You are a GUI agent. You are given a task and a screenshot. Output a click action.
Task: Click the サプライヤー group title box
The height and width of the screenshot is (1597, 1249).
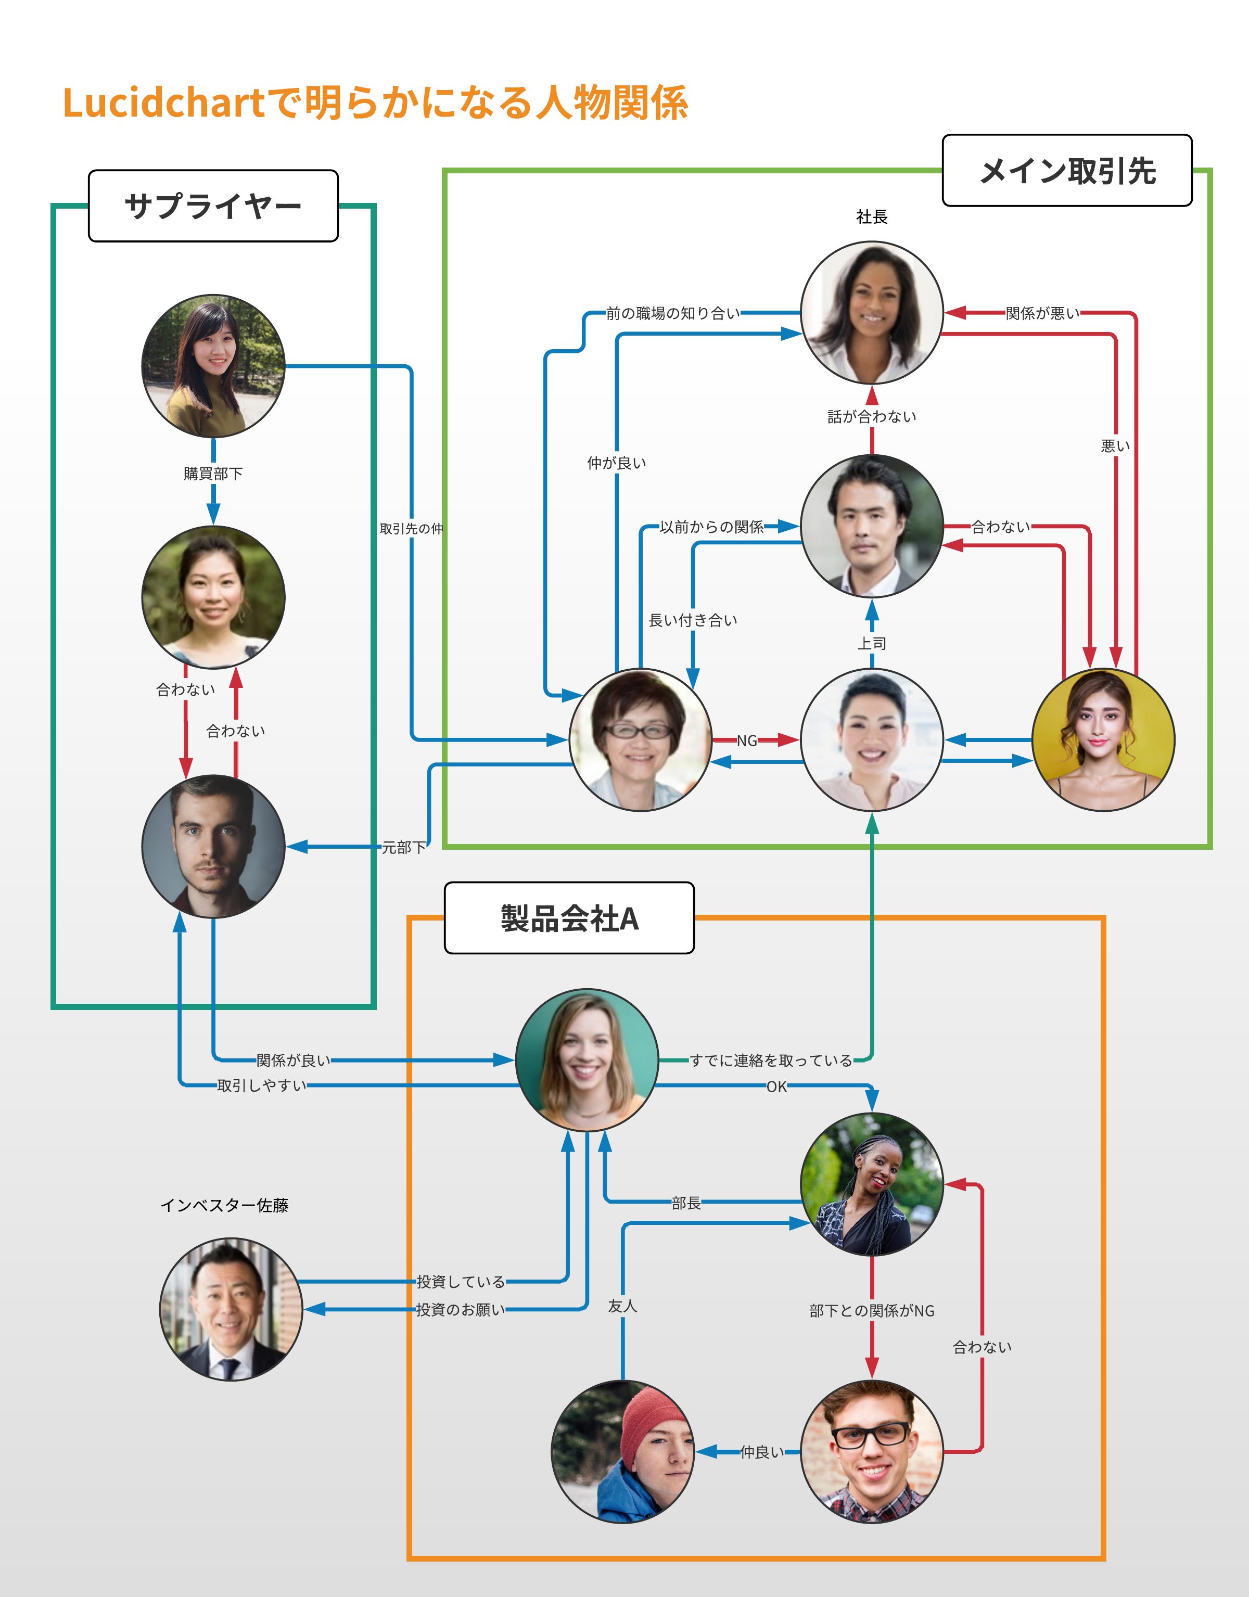(x=213, y=206)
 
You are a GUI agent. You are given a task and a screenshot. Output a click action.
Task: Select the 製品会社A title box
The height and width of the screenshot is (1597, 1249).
(x=569, y=918)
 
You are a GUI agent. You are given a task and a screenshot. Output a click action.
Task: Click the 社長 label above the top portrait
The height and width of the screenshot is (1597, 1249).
(x=872, y=216)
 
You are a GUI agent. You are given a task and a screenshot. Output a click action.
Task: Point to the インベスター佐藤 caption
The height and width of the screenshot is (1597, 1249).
(x=224, y=1205)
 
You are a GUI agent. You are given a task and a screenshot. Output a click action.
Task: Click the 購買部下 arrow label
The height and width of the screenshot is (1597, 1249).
(x=213, y=474)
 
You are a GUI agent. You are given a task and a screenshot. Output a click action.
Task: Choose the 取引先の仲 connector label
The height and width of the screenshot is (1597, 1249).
(x=411, y=529)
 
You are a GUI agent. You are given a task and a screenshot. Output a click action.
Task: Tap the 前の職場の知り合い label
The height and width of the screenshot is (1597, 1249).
(x=673, y=314)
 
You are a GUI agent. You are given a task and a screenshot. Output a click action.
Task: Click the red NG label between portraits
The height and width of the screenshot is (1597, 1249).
(x=747, y=740)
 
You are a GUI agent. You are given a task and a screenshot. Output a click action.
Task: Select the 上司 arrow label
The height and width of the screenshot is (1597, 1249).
(x=872, y=644)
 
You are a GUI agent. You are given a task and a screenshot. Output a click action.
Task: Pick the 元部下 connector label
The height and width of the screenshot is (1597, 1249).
(x=404, y=848)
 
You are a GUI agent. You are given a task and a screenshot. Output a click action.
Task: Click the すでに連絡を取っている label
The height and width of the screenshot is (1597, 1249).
(x=771, y=1061)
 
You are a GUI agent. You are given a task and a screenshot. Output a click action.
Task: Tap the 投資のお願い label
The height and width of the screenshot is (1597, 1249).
(x=461, y=1310)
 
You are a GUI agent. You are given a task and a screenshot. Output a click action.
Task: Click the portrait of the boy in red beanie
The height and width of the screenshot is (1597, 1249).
(x=622, y=1451)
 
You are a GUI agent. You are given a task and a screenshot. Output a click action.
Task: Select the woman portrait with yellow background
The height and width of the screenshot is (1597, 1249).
(x=1103, y=740)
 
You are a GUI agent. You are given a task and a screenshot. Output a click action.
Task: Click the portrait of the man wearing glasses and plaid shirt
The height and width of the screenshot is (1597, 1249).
(x=872, y=1451)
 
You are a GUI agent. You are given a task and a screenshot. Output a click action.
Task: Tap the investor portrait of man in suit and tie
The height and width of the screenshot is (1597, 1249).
(x=231, y=1309)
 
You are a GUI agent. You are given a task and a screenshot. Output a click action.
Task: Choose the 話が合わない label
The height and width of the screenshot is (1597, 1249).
(x=872, y=417)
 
